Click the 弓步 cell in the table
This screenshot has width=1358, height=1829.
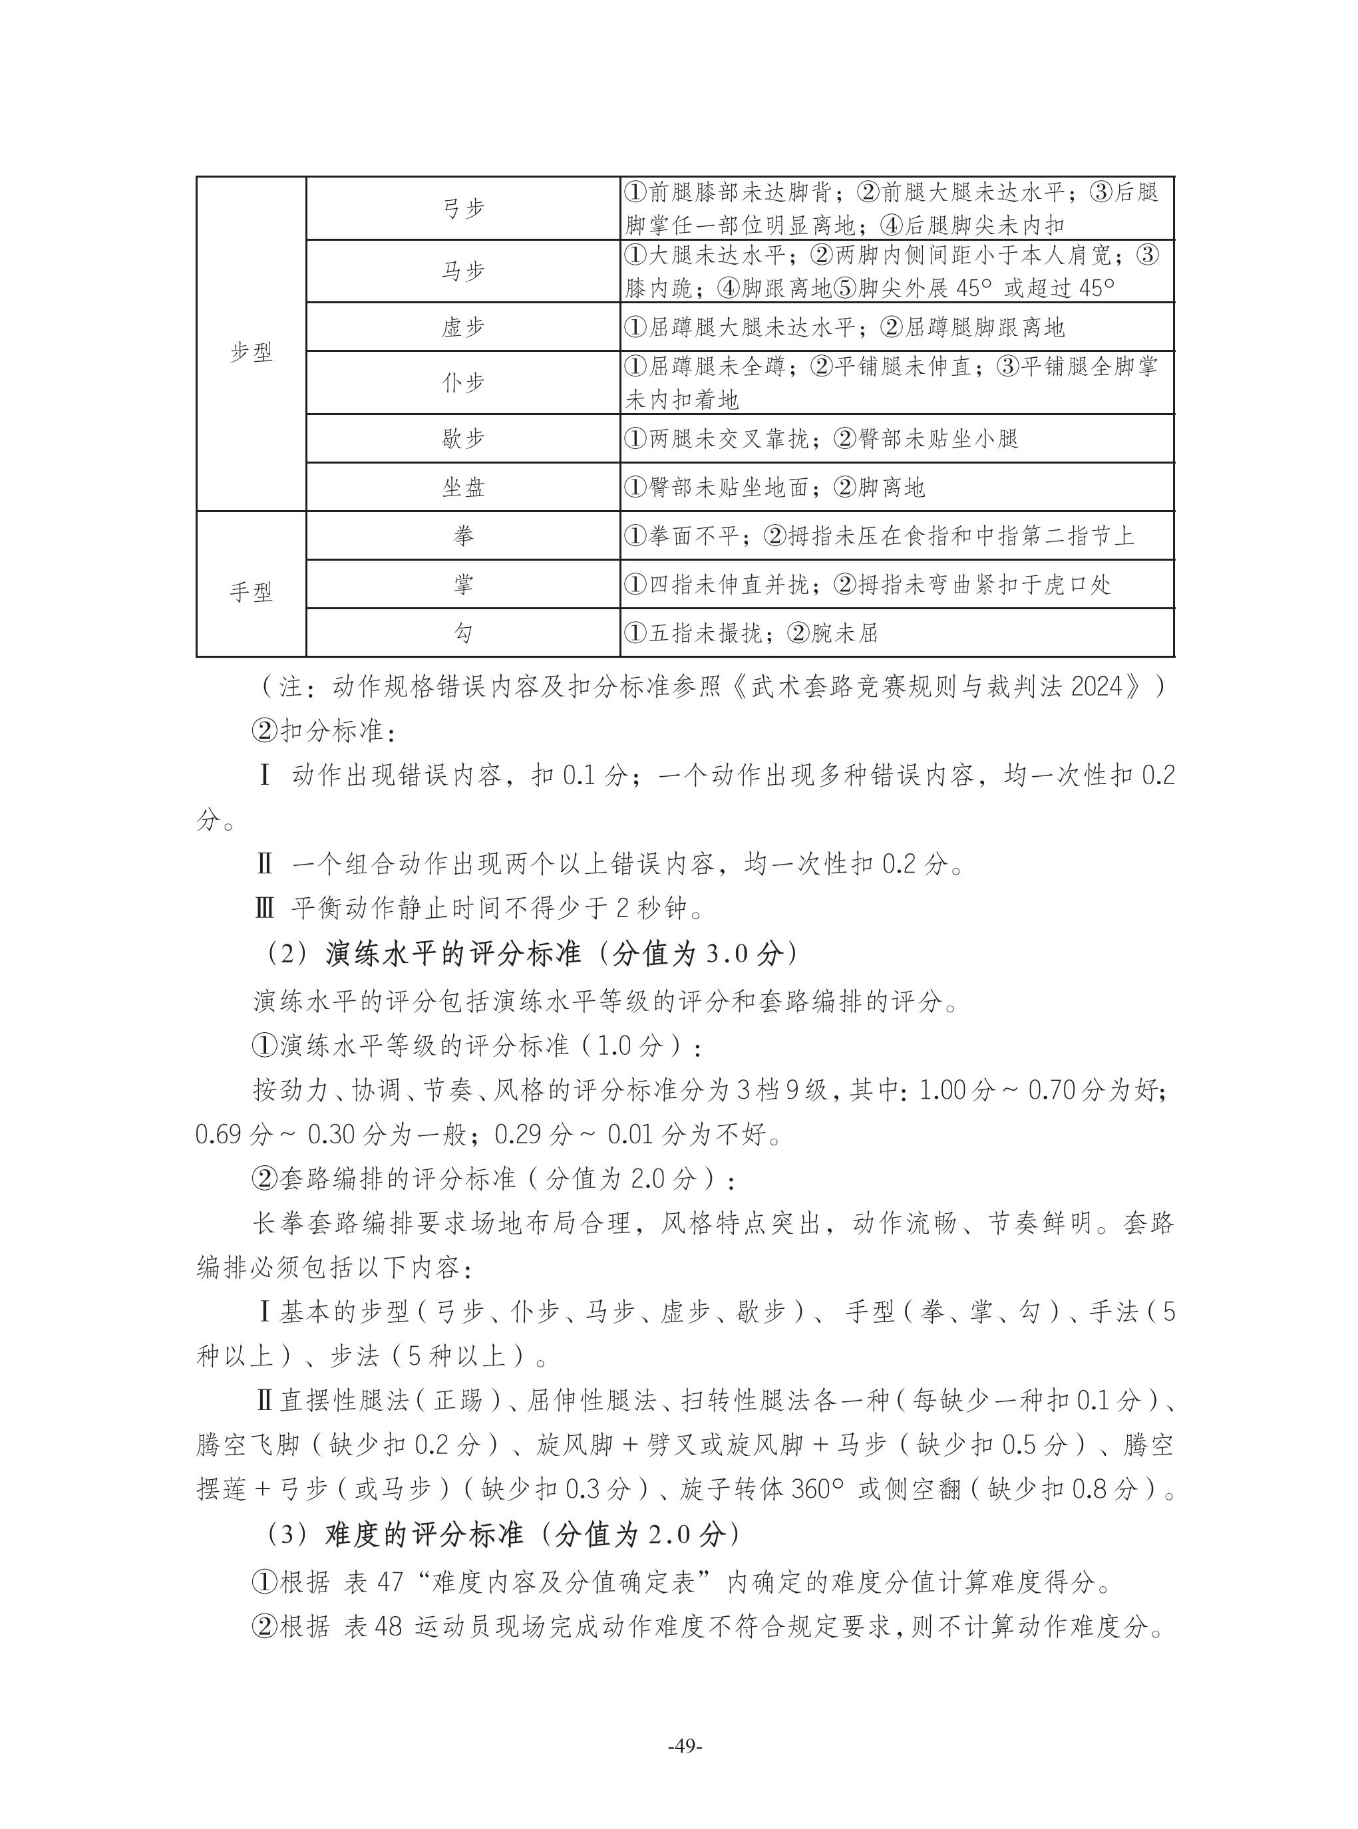point(463,209)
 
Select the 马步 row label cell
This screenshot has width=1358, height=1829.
point(463,271)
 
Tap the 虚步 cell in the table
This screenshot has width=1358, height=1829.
point(463,327)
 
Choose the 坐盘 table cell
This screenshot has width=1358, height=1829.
point(463,488)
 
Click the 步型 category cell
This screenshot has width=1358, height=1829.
point(251,352)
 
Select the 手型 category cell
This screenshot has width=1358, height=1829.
point(251,591)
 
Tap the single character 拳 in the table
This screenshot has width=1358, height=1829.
point(463,535)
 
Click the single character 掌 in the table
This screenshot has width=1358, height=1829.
point(463,584)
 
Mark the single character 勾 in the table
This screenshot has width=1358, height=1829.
point(463,633)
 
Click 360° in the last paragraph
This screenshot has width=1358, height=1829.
point(820,1489)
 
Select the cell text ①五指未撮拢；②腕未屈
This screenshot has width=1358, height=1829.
point(751,633)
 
